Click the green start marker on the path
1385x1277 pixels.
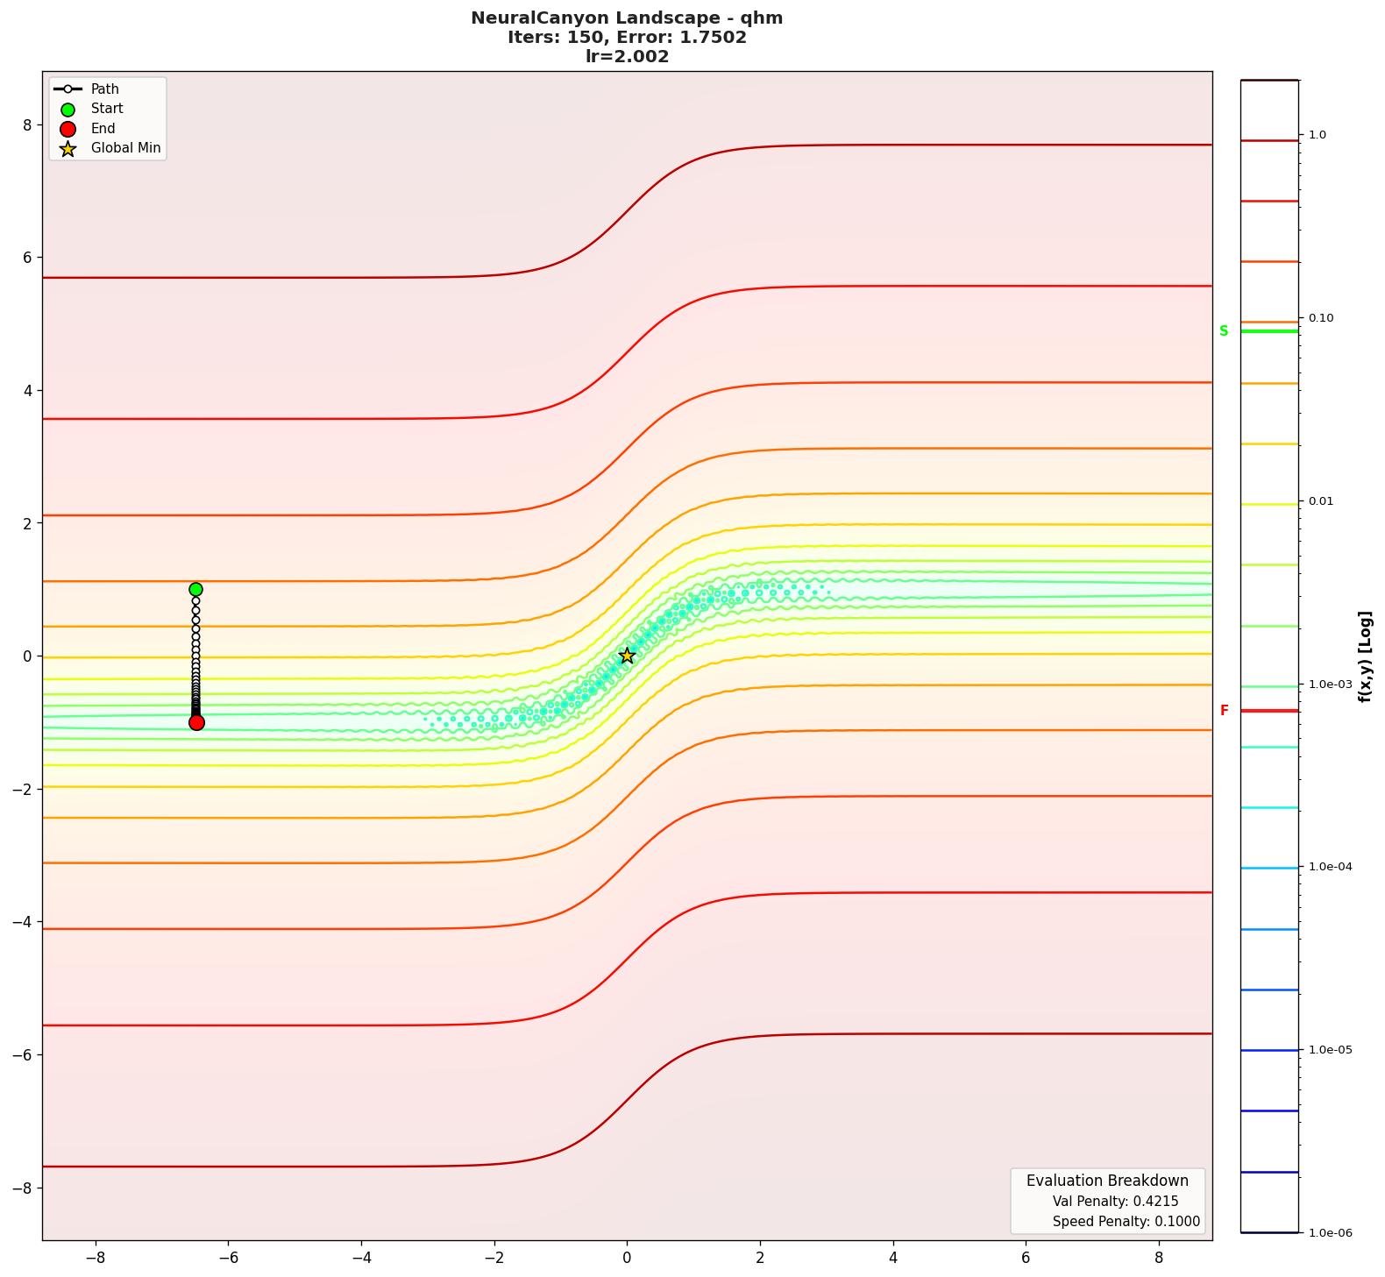(195, 590)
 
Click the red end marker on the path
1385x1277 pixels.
(196, 722)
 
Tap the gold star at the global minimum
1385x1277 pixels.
(627, 656)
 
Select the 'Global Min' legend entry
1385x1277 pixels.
(125, 148)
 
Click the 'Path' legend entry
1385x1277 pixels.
(104, 89)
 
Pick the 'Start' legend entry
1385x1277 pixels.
(107, 109)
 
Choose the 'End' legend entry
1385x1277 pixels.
(103, 129)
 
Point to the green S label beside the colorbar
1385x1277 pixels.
(1224, 331)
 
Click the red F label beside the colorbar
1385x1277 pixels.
(1224, 711)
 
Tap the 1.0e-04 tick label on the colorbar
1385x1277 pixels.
(1330, 867)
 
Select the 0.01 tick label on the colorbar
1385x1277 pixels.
(1321, 501)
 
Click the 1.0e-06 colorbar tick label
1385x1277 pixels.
(1330, 1233)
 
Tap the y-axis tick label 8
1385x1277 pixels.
(27, 125)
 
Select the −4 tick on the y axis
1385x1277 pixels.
(22, 922)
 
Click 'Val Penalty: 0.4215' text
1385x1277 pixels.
(1115, 1202)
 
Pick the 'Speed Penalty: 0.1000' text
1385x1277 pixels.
(1126, 1222)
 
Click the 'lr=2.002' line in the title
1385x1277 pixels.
(627, 57)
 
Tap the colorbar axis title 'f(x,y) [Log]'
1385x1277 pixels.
(1365, 656)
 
